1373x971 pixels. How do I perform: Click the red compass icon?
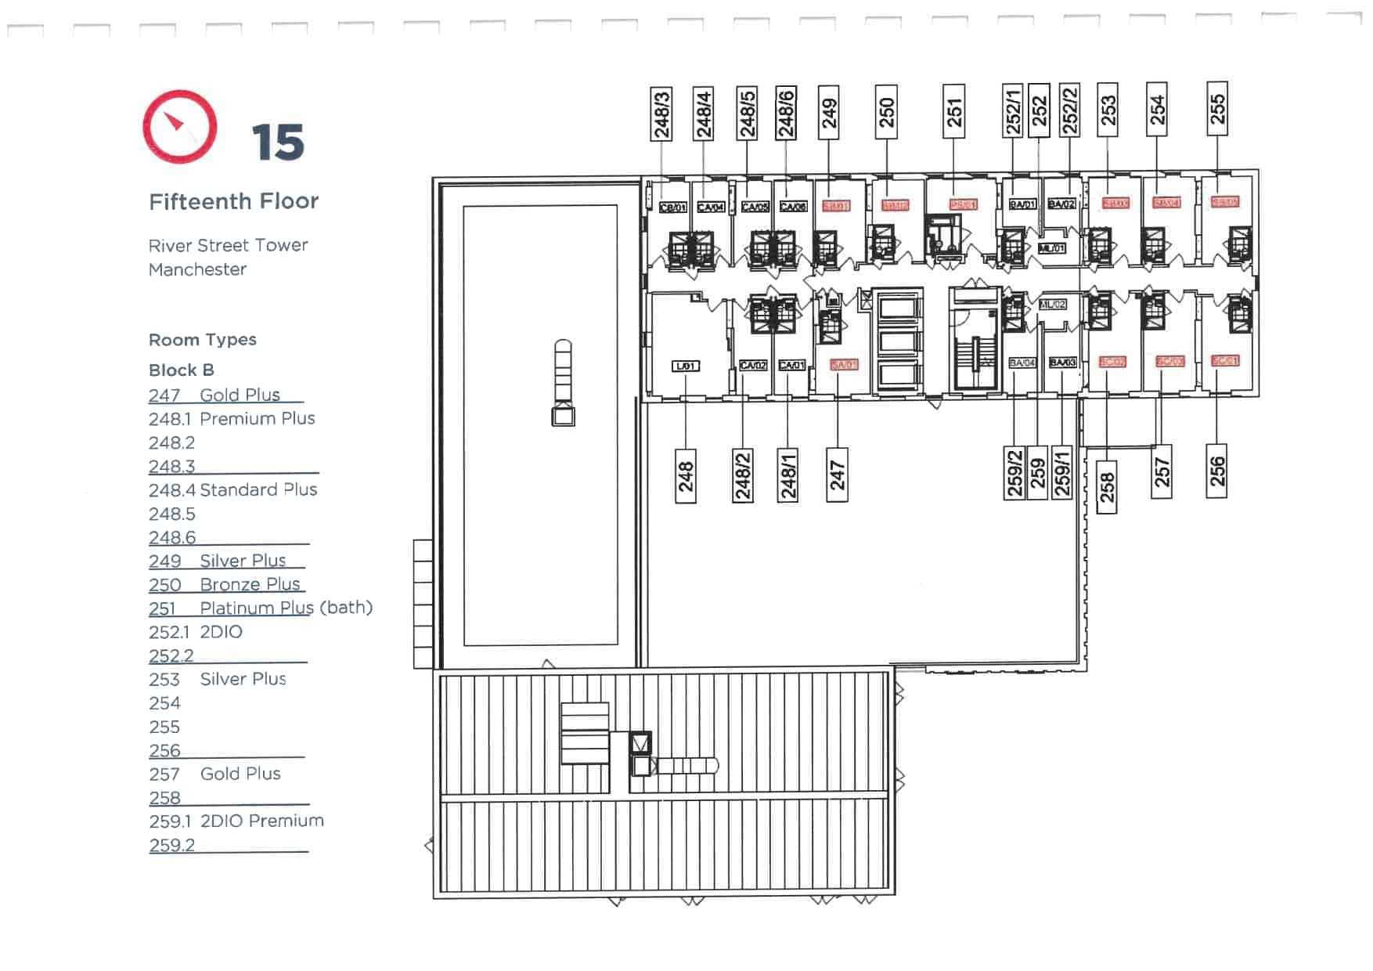180,127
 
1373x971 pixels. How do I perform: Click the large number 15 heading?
278,143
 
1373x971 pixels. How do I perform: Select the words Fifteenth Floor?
233,202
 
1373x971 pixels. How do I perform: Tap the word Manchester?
197,269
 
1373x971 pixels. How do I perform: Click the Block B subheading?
181,370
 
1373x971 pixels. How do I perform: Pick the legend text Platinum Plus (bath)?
286,608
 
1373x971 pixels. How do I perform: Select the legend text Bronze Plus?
250,584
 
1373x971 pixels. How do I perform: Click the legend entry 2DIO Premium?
261,821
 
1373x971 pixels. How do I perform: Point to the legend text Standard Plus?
258,490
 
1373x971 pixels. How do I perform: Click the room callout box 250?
886,112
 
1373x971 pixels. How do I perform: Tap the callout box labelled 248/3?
661,114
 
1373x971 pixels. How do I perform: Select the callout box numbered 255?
1217,108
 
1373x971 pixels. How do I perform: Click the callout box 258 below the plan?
1106,487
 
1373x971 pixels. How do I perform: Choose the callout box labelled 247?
837,475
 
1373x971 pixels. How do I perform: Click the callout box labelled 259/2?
1014,473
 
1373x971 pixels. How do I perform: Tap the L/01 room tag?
685,366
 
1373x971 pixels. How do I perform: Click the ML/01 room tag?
1051,248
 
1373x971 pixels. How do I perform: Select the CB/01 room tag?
672,208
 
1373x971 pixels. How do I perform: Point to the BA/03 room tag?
1062,363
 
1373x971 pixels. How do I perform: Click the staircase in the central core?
975,359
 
